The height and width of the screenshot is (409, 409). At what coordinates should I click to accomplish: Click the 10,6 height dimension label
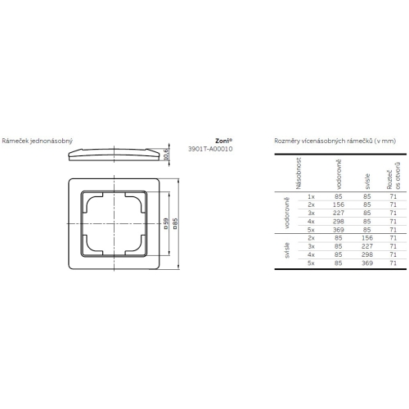(x=166, y=152)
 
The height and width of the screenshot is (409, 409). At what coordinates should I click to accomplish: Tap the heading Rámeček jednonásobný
(x=38, y=141)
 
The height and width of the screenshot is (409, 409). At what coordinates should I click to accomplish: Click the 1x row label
(x=311, y=197)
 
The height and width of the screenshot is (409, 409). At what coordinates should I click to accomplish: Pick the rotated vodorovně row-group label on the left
(x=287, y=213)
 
